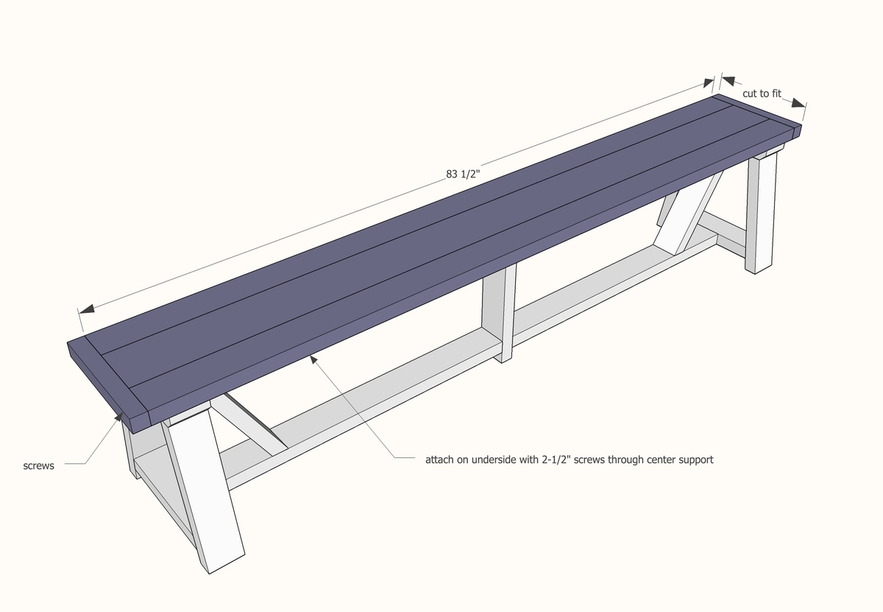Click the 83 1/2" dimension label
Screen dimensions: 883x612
pos(463,175)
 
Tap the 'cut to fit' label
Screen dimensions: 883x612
pos(762,94)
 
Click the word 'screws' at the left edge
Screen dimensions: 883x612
pos(38,466)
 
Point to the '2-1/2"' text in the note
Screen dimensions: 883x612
pos(556,460)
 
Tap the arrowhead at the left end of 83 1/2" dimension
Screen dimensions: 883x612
pos(87,309)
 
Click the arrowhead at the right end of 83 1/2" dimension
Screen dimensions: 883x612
pos(708,83)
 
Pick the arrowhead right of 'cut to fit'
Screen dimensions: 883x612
pos(798,103)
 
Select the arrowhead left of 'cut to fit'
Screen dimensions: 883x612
pos(728,81)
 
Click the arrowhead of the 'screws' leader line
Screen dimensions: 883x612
pos(118,417)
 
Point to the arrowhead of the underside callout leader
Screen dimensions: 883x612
pos(313,359)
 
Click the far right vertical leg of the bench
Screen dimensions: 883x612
pos(761,213)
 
